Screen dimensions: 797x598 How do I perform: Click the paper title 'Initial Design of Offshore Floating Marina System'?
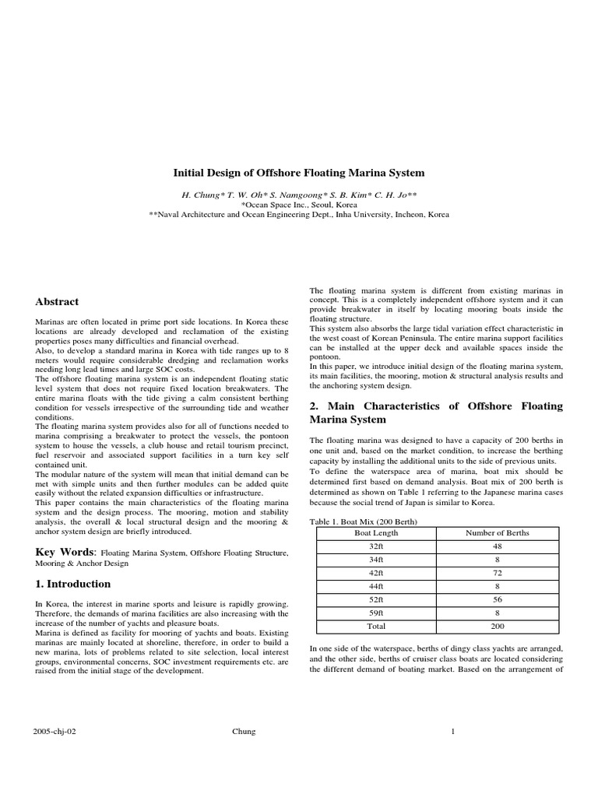pos(298,173)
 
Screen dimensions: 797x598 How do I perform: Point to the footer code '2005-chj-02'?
pos(53,732)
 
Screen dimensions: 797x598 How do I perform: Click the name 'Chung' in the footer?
pos(244,732)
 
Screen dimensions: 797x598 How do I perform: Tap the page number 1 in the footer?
pos(452,732)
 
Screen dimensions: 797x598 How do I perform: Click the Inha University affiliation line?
pos(298,214)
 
